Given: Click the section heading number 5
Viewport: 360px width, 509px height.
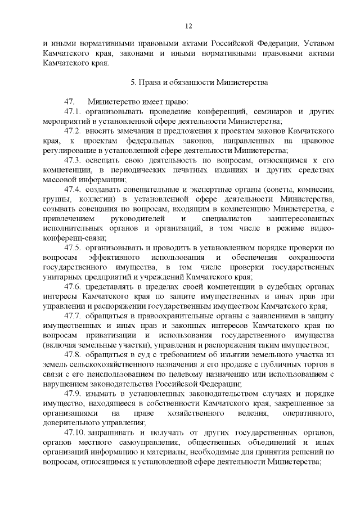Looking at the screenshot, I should click(x=133, y=82).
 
